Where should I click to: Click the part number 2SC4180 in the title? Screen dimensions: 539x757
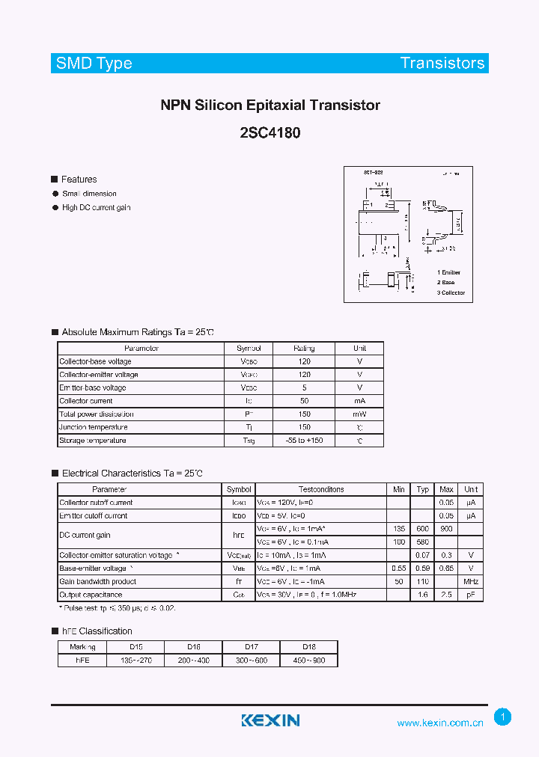coord(270,134)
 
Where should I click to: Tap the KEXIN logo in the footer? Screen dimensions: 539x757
coord(270,720)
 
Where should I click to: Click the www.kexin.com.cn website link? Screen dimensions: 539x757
coord(440,723)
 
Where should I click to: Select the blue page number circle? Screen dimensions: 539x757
coord(503,717)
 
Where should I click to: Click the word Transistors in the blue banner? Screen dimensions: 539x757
coord(442,63)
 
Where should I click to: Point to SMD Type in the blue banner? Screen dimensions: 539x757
coord(94,63)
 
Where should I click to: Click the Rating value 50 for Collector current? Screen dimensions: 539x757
coord(304,401)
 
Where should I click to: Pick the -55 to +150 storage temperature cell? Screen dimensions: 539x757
coord(304,441)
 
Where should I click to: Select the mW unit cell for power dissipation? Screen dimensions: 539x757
coord(359,414)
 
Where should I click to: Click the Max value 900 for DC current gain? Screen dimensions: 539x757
coord(446,529)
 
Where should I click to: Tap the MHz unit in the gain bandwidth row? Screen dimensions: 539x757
coord(471,581)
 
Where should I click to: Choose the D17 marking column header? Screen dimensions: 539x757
coord(252,647)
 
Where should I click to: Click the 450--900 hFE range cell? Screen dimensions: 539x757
coord(308,661)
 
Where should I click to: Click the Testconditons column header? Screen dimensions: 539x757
coord(321,489)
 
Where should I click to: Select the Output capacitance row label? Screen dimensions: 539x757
coord(91,595)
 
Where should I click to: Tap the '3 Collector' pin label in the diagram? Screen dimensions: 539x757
coord(451,292)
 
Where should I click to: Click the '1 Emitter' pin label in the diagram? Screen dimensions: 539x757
coord(449,272)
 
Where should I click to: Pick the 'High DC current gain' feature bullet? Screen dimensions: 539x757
coord(96,207)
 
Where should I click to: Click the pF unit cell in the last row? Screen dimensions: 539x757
coord(471,595)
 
